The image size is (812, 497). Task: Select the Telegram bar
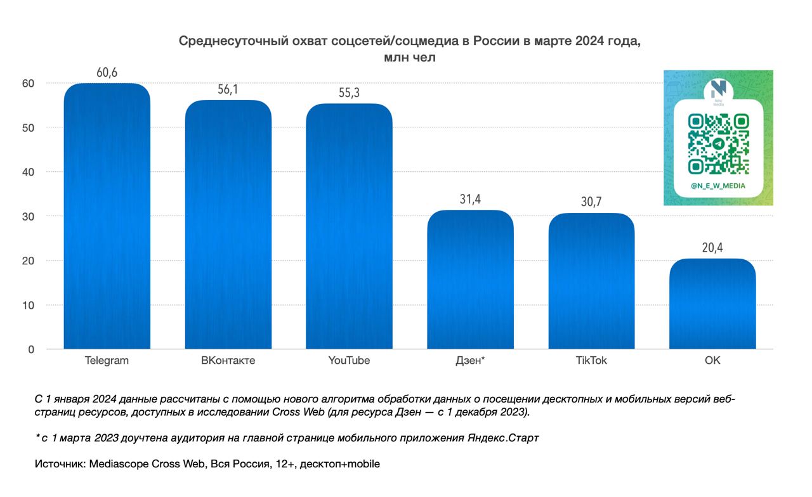pyautogui.click(x=107, y=216)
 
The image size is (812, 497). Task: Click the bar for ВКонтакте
pyautogui.click(x=228, y=224)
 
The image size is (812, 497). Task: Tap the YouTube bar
pyautogui.click(x=349, y=226)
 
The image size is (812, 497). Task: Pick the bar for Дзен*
pyautogui.click(x=470, y=279)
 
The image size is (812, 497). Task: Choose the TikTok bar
pyautogui.click(x=591, y=281)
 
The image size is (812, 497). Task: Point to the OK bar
pyautogui.click(x=712, y=304)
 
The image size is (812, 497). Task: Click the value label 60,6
pyautogui.click(x=107, y=72)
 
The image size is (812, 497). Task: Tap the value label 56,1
pyautogui.click(x=228, y=89)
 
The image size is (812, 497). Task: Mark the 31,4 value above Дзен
pyautogui.click(x=470, y=199)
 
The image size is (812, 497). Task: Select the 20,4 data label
pyautogui.click(x=712, y=248)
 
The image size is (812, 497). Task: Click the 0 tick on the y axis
pyautogui.click(x=30, y=349)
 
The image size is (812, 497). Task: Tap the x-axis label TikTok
pyautogui.click(x=591, y=361)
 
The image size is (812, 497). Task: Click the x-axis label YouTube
pyautogui.click(x=349, y=361)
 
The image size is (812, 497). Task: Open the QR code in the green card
pyautogui.click(x=718, y=144)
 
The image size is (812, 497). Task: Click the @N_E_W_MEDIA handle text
pyautogui.click(x=718, y=186)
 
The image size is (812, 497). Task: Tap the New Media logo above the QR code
pyautogui.click(x=718, y=89)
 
